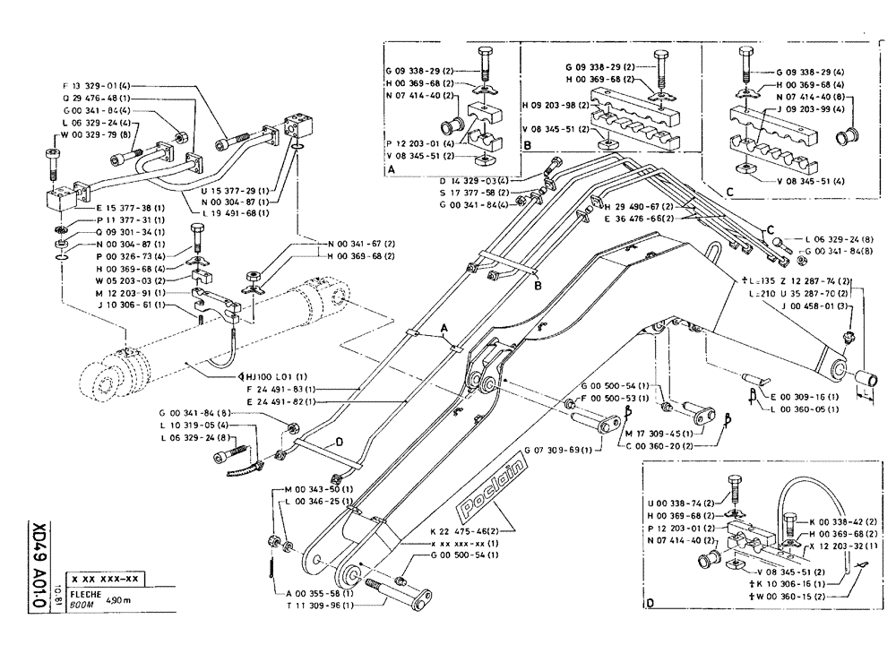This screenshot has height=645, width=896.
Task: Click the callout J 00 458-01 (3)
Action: tap(811, 305)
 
